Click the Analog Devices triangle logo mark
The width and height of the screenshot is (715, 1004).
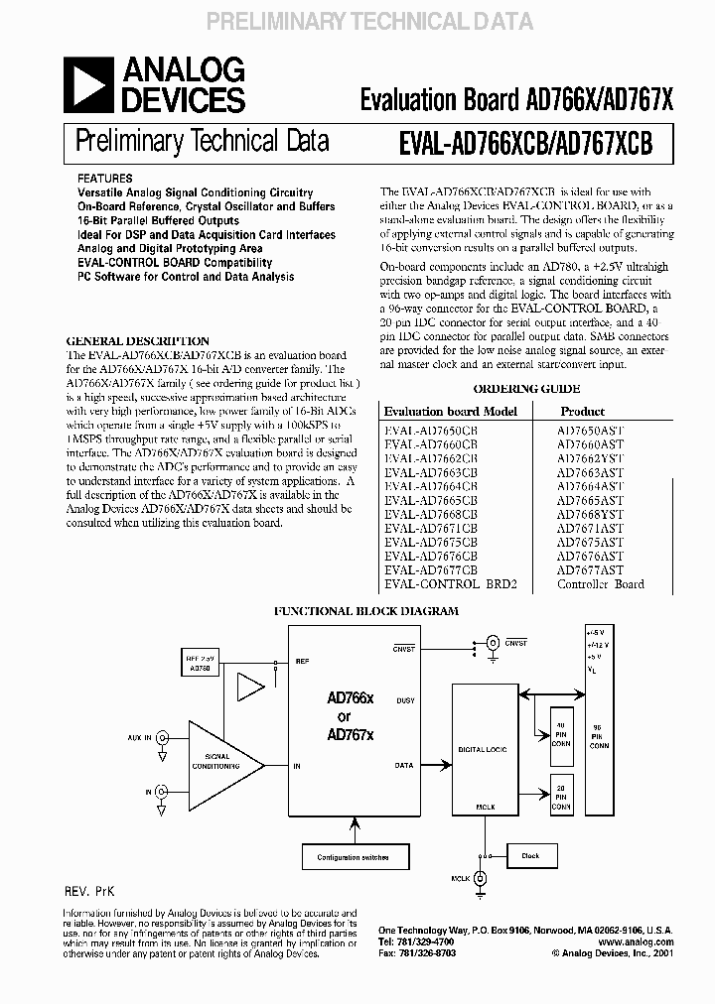(87, 85)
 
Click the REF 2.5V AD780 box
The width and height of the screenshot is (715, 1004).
(200, 664)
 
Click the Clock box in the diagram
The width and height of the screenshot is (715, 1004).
(530, 855)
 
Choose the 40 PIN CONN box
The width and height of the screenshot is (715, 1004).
(561, 732)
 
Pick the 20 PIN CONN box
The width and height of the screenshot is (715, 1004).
(561, 797)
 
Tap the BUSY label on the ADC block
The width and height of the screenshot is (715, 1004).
(404, 700)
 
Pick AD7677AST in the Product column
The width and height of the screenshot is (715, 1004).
(590, 570)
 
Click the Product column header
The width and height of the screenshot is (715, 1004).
(582, 411)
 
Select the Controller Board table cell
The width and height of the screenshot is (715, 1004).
(601, 584)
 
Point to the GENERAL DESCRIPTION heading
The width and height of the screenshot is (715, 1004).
(137, 341)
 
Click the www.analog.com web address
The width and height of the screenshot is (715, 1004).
(637, 941)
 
